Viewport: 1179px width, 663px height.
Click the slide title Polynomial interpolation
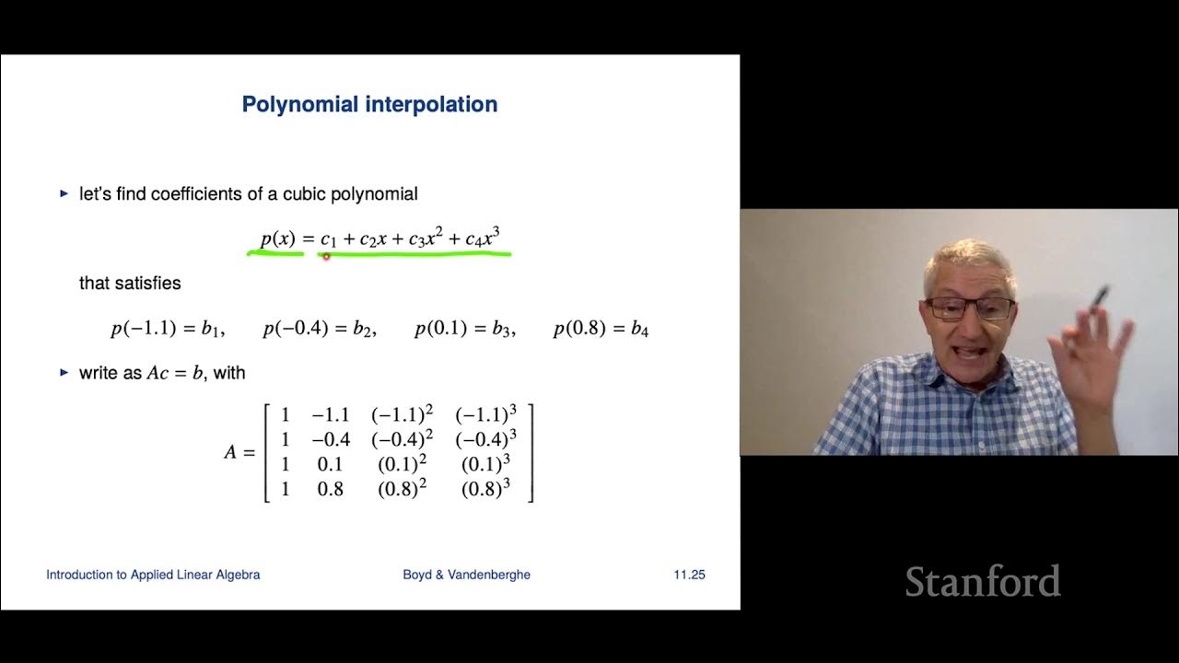[369, 104]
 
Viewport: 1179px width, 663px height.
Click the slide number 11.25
[689, 575]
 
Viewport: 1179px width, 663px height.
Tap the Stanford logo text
[982, 582]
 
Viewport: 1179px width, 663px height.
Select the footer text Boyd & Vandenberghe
[466, 575]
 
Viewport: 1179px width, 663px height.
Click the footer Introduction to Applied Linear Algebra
[153, 575]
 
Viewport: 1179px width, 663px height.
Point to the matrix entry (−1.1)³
[485, 414]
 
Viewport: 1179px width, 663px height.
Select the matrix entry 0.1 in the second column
[330, 464]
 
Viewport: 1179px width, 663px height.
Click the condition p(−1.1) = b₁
[167, 329]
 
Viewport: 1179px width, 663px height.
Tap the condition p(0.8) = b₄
[601, 329]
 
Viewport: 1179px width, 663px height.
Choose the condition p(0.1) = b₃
[464, 329]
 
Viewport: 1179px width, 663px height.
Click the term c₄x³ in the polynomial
[482, 238]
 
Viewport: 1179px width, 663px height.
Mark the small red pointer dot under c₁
[326, 257]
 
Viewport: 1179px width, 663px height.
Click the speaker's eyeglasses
[969, 308]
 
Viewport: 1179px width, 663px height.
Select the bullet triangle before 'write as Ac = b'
[64, 373]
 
